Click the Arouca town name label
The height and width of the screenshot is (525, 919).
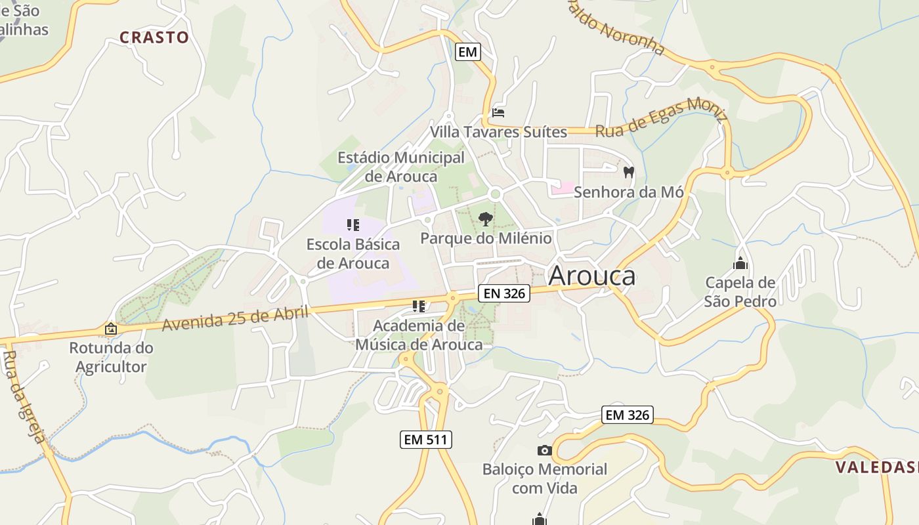click(591, 276)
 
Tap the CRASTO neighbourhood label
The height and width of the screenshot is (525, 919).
click(154, 37)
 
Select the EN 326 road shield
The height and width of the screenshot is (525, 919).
click(503, 293)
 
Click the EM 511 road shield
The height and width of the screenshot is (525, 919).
click(426, 440)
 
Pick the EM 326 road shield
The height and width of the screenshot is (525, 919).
click(627, 415)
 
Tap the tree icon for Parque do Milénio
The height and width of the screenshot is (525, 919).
click(485, 219)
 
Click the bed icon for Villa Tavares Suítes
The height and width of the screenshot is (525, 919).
click(498, 113)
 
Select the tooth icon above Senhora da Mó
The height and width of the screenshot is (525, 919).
click(628, 173)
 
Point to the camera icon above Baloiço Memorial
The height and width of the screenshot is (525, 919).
click(544, 450)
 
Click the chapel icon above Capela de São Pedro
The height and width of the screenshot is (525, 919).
click(740, 264)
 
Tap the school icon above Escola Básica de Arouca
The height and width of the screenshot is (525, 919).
click(353, 225)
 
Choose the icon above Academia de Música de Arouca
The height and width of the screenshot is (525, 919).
click(419, 306)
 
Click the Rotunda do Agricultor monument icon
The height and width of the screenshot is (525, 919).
click(111, 329)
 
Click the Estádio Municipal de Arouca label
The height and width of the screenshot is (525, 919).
click(400, 167)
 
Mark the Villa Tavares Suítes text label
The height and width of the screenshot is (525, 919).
click(498, 132)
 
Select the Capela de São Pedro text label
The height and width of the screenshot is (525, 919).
click(740, 292)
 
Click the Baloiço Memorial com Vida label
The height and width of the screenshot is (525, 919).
click(544, 478)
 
